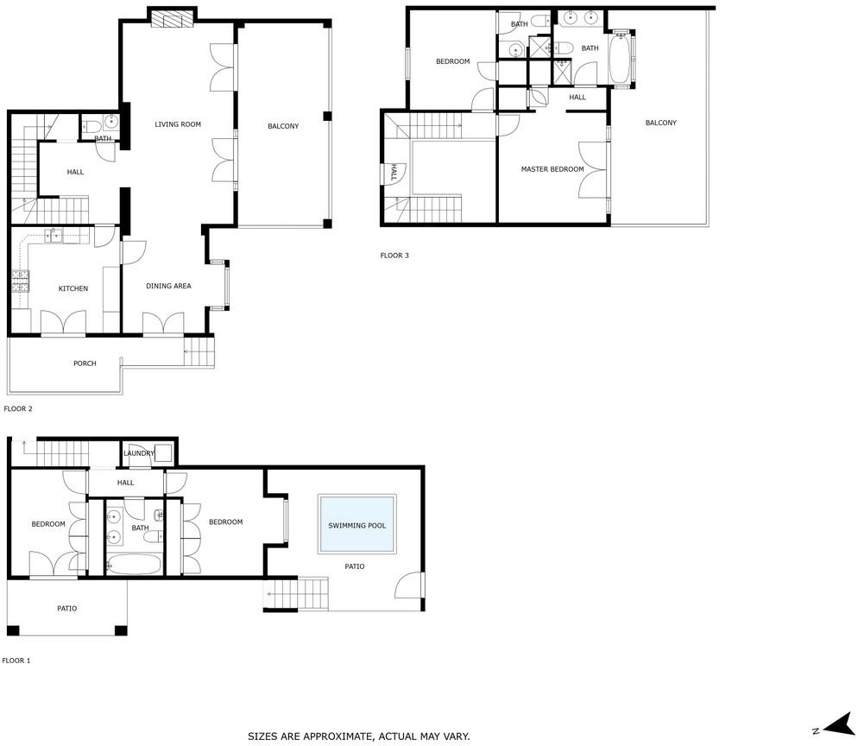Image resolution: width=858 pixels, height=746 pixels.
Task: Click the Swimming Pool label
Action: tap(356, 526)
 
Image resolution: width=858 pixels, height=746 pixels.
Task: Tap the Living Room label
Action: tap(178, 124)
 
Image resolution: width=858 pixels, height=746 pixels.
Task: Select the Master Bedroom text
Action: tap(552, 169)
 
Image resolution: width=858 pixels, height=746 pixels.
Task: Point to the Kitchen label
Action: tap(73, 288)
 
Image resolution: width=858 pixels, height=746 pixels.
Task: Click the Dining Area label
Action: tap(168, 286)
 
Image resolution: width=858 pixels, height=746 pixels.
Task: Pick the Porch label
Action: tap(85, 364)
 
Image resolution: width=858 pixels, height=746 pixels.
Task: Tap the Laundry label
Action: tap(139, 453)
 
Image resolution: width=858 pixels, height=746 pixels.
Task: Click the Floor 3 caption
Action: tap(394, 255)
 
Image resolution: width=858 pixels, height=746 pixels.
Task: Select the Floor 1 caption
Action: tap(16, 661)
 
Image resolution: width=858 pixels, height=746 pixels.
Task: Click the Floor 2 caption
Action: tap(18, 409)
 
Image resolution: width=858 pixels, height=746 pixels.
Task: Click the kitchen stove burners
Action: tap(20, 281)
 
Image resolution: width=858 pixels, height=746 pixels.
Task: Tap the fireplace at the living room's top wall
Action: tap(173, 19)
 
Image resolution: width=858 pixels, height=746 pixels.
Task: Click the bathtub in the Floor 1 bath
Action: tap(134, 565)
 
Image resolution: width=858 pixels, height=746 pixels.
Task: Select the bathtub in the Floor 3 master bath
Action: tap(620, 58)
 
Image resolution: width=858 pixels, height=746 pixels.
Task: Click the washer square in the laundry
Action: tap(164, 453)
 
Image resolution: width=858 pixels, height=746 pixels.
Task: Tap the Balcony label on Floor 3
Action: tap(661, 123)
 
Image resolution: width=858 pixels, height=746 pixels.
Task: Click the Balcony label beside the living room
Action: tap(283, 126)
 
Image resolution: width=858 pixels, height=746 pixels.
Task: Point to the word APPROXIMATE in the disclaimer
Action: tap(337, 737)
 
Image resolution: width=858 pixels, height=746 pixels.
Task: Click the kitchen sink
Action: tap(55, 236)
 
